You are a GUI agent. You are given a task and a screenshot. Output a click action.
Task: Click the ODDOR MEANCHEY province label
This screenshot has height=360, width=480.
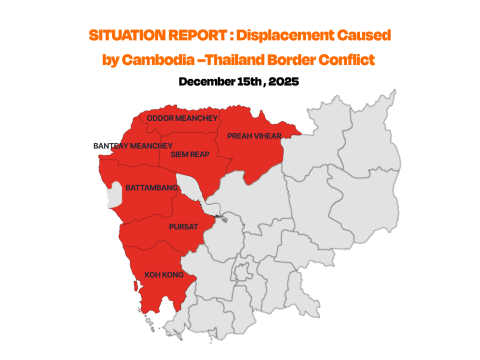pos(181,118)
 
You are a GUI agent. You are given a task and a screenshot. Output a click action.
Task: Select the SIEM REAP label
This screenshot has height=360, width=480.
pos(190,155)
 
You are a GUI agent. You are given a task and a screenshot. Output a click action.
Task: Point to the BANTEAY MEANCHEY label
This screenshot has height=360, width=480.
pos(132,146)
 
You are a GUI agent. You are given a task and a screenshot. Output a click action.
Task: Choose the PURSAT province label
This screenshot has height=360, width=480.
pos(183,226)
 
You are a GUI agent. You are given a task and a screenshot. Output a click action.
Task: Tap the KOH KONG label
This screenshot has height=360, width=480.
pos(162,273)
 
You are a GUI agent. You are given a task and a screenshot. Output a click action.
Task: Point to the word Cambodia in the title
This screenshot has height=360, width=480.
pos(174,60)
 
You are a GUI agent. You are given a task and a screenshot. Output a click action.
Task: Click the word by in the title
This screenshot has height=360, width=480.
pos(112,60)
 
